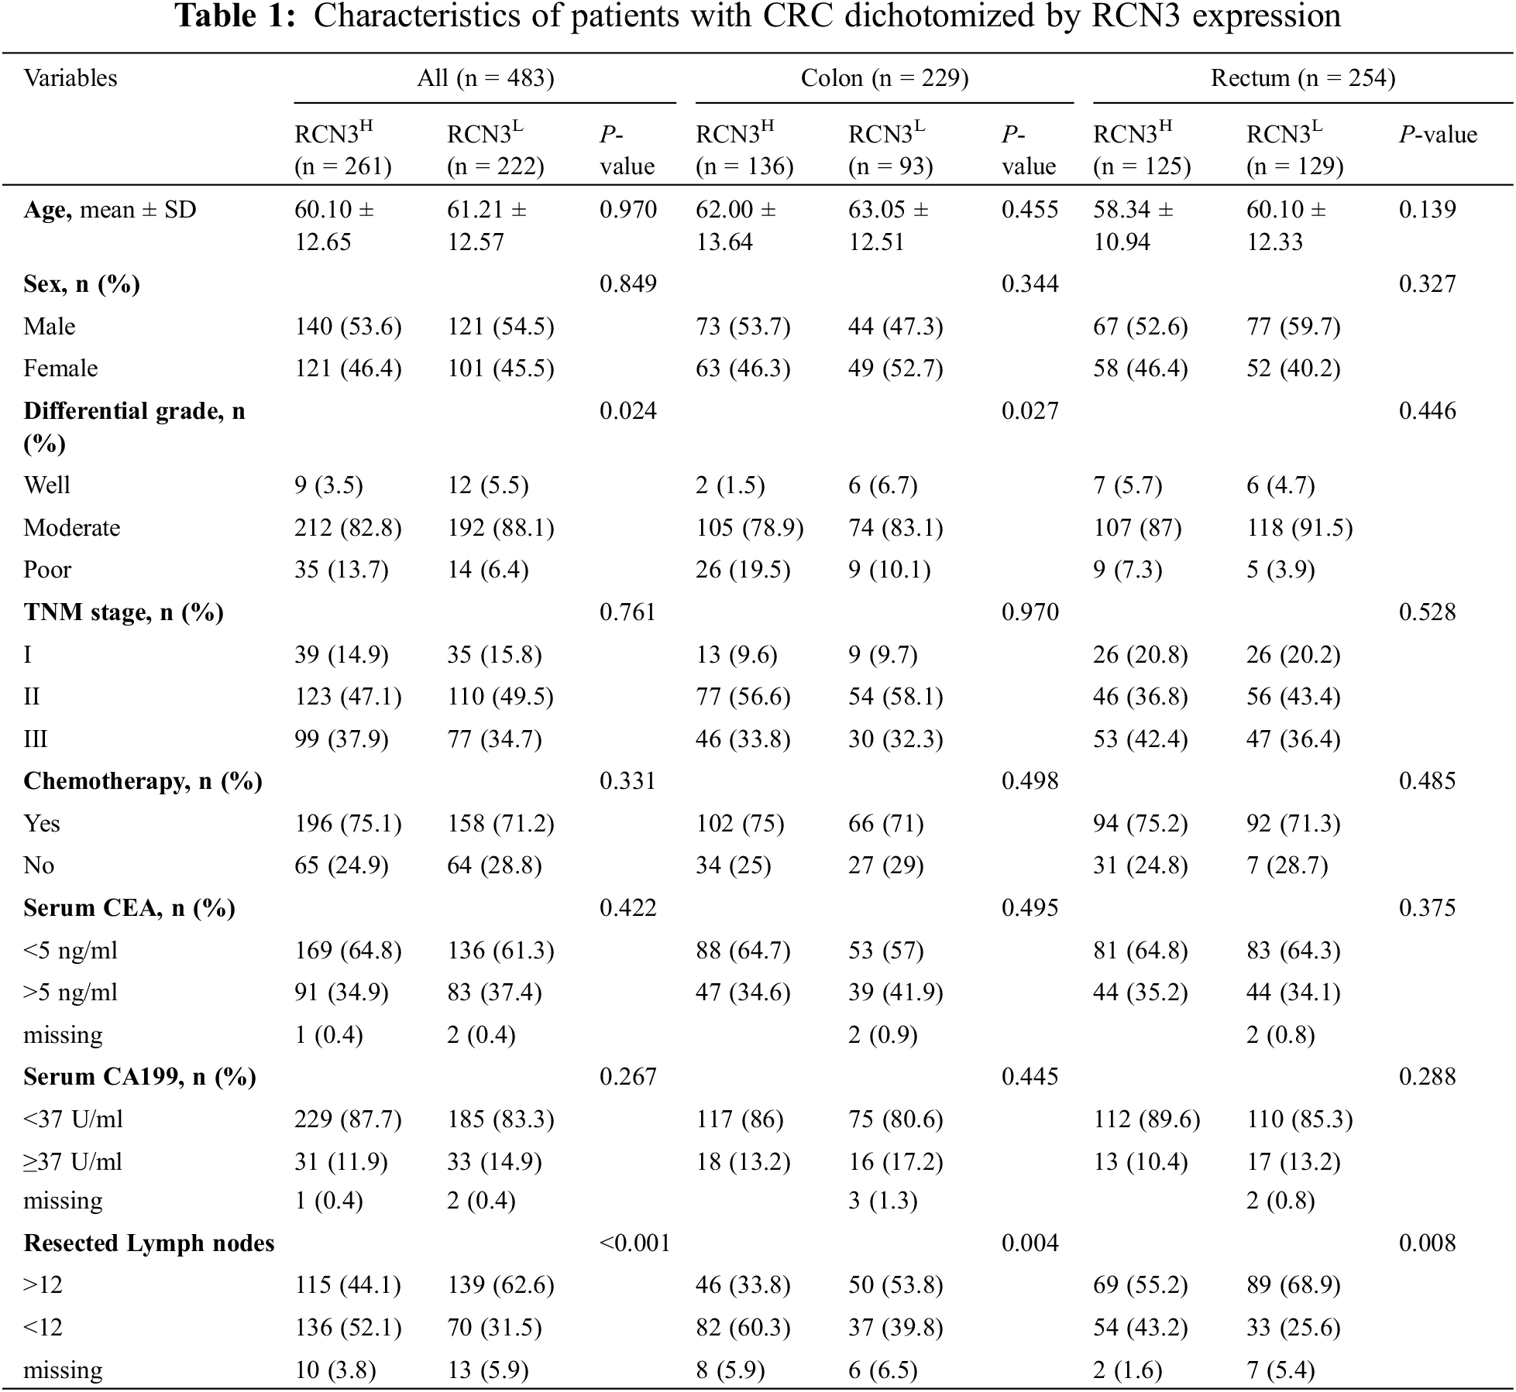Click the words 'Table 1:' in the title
click(x=235, y=17)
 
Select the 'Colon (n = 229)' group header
click(x=884, y=78)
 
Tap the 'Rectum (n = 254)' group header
click(x=1302, y=78)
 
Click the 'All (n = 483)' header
click(x=485, y=78)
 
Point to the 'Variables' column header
click(x=70, y=78)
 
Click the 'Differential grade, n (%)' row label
click(x=134, y=427)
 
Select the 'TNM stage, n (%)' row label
click(x=123, y=612)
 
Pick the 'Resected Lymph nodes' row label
click(x=149, y=1243)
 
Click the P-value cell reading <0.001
click(x=634, y=1243)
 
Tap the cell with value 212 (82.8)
click(x=348, y=528)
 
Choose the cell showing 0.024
click(x=627, y=411)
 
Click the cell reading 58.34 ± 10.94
click(x=1133, y=226)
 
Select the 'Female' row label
click(x=60, y=369)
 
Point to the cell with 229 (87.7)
click(x=348, y=1119)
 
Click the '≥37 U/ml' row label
click(x=73, y=1162)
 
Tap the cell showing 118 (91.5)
click(x=1299, y=528)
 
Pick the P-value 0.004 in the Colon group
click(x=1030, y=1243)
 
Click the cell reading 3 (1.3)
click(x=882, y=1201)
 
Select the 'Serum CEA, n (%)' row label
click(x=129, y=908)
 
